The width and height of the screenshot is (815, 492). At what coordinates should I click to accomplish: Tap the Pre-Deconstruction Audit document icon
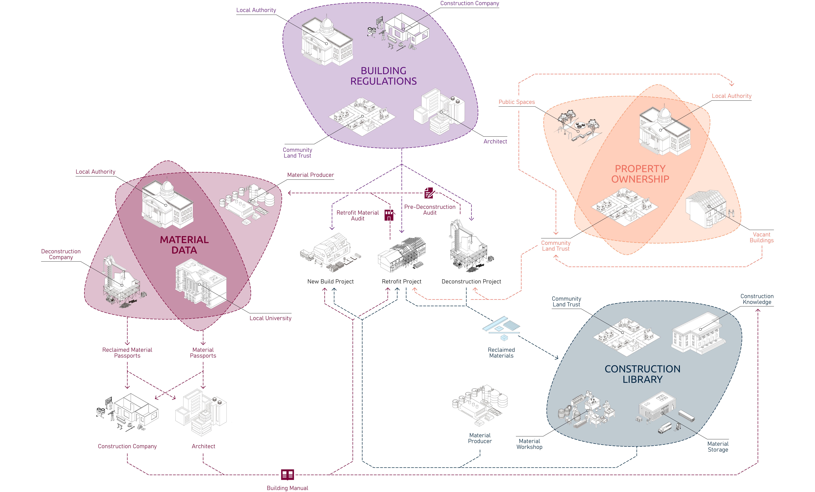(429, 193)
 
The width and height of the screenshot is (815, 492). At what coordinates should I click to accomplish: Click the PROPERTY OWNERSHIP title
(640, 174)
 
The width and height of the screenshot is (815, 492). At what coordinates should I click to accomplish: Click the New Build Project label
(330, 281)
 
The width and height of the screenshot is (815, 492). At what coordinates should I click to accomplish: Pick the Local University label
(270, 318)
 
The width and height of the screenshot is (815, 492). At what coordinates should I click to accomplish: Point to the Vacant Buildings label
(761, 237)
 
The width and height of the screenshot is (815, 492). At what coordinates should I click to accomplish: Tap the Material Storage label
(718, 447)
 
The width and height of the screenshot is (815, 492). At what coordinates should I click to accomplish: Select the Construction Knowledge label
(757, 299)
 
